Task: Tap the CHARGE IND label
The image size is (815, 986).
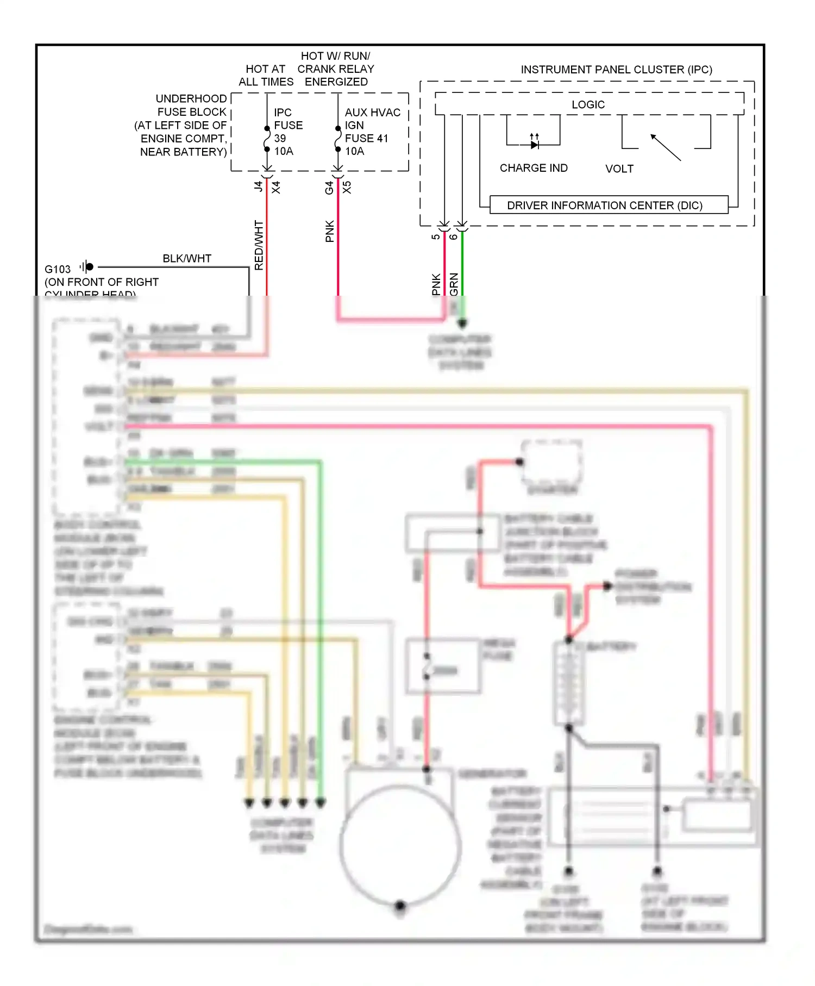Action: tap(534, 168)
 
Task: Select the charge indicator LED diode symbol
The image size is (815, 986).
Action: tap(535, 144)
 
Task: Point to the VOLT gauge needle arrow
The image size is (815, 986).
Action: tap(665, 147)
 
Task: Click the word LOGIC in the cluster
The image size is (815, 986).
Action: tap(588, 104)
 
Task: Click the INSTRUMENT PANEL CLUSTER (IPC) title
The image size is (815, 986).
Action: tap(616, 70)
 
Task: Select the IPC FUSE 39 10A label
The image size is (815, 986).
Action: tap(287, 132)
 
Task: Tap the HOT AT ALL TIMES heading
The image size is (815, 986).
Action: tap(266, 76)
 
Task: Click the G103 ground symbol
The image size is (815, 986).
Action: tap(87, 267)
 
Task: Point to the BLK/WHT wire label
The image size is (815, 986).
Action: tap(187, 258)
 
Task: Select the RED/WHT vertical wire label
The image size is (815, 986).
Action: tap(259, 245)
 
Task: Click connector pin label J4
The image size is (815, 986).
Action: tap(259, 186)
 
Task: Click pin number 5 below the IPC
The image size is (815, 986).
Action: tap(436, 236)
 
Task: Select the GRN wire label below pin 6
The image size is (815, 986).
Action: tap(454, 284)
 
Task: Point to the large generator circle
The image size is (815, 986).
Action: tap(400, 845)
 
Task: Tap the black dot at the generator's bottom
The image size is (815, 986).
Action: tap(400, 906)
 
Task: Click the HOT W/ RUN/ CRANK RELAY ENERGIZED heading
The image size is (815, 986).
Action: tap(336, 69)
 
